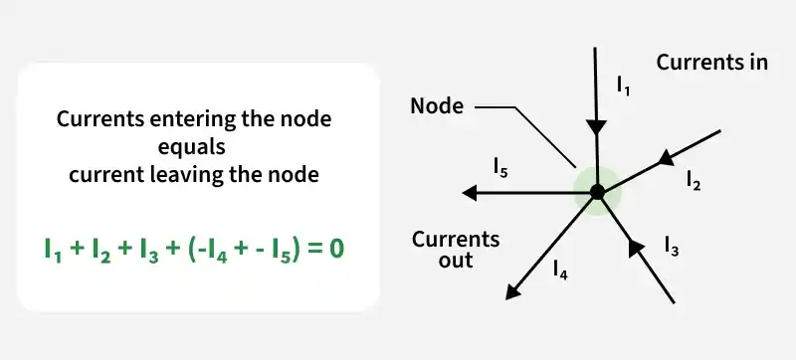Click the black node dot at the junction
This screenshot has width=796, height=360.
point(597,192)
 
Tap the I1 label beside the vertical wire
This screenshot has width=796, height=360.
point(624,87)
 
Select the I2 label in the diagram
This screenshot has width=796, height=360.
point(694,180)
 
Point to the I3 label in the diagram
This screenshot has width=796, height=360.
point(672,247)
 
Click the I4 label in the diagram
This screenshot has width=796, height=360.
point(560,271)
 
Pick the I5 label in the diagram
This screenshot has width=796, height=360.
point(500,168)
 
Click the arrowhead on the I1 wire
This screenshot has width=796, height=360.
point(596,127)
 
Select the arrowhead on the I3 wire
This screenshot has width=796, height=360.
point(635,247)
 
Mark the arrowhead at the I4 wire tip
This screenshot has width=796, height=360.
point(513,291)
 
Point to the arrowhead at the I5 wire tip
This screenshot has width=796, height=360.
point(470,193)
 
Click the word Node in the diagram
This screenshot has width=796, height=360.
point(437,106)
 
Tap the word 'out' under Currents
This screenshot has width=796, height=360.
point(457,260)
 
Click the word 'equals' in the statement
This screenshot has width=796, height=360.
point(191,147)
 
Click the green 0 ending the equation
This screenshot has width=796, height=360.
point(336,249)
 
